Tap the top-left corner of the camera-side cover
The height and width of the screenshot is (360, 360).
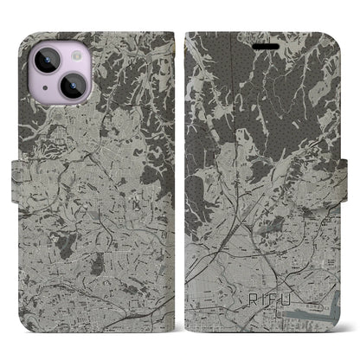pos(29,36)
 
